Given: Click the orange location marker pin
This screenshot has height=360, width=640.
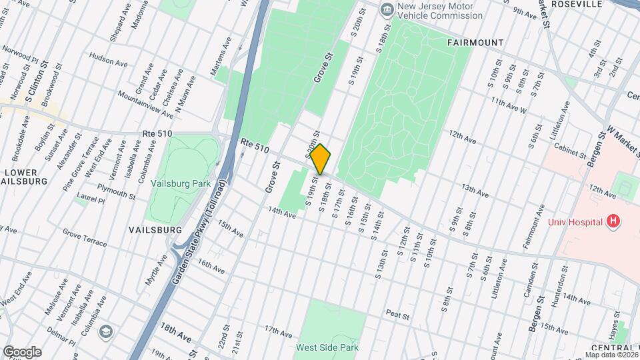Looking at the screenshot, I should click(321, 159).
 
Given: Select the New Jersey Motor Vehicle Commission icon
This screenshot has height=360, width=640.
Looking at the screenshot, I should click(387, 10).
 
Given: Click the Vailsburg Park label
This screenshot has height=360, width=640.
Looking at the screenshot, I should click(181, 183).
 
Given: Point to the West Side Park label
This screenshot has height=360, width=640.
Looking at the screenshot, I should click(328, 347).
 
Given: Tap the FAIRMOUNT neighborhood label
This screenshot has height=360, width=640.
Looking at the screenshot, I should click(475, 43).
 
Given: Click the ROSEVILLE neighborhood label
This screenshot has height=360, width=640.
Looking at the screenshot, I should click(577, 3).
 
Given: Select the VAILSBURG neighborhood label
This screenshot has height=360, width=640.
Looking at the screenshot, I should click(155, 229).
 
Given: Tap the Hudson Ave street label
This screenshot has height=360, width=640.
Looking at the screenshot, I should click(108, 62).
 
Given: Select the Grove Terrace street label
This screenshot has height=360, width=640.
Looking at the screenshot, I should click(85, 238).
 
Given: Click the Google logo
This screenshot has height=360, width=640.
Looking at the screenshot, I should click(22, 351).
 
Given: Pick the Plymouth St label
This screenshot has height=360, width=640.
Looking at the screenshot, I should click(115, 193).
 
